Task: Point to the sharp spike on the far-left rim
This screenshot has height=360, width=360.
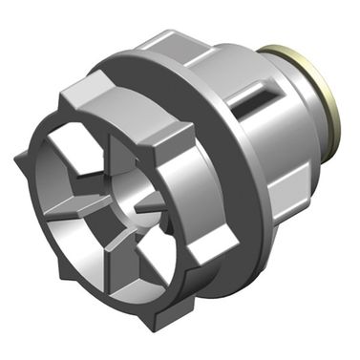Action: (20, 157)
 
